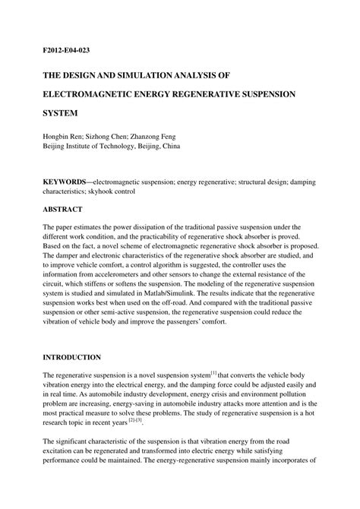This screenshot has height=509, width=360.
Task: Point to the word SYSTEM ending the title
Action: (62, 119)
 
